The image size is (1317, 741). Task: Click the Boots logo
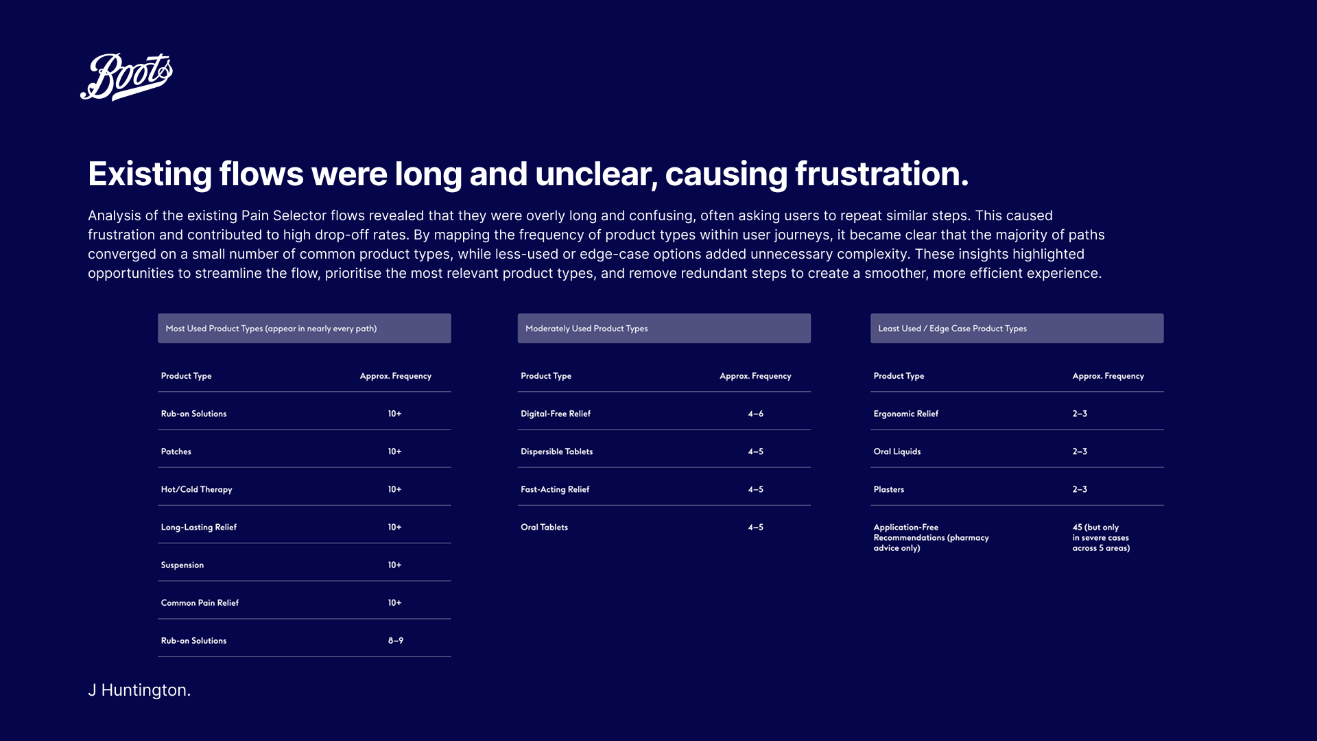[x=127, y=76]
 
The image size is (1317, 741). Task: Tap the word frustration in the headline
[x=881, y=174]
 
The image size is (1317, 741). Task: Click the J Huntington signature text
[x=139, y=690]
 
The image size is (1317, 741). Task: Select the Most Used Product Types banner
[x=305, y=329]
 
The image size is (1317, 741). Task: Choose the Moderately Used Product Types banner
[x=664, y=329]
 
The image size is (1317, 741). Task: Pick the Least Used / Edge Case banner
[x=1017, y=329]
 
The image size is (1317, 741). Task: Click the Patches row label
[x=176, y=451]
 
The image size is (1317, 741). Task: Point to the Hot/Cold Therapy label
[x=197, y=489]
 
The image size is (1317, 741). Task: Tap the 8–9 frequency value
[x=396, y=641]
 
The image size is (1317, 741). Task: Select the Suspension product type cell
[x=182, y=565]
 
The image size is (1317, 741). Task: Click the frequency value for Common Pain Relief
[x=395, y=603]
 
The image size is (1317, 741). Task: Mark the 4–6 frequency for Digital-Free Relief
[x=756, y=414]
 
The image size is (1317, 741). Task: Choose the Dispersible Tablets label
[x=557, y=451]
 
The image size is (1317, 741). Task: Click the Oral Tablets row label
[x=545, y=527]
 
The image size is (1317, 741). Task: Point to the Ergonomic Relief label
[x=906, y=414]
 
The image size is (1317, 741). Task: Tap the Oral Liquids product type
[x=897, y=451]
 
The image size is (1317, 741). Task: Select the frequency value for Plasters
[x=1080, y=489]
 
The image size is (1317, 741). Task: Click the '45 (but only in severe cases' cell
[x=1102, y=538]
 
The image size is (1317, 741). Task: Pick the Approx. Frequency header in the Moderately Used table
[x=756, y=376]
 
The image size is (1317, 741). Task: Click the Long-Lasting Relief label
[x=199, y=527]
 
